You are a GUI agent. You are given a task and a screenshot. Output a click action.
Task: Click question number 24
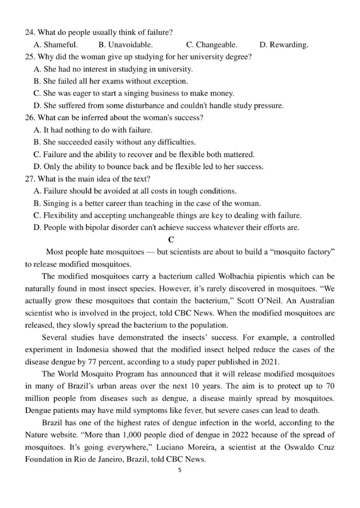point(29,33)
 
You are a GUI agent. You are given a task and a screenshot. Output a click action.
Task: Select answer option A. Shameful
point(56,45)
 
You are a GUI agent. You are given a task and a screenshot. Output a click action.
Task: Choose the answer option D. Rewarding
point(284,45)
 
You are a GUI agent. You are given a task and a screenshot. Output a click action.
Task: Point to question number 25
point(29,57)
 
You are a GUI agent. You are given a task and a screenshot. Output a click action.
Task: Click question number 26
point(29,118)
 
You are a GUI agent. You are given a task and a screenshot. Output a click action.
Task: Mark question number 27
point(29,179)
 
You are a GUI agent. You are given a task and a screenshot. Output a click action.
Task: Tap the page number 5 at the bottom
point(180,471)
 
